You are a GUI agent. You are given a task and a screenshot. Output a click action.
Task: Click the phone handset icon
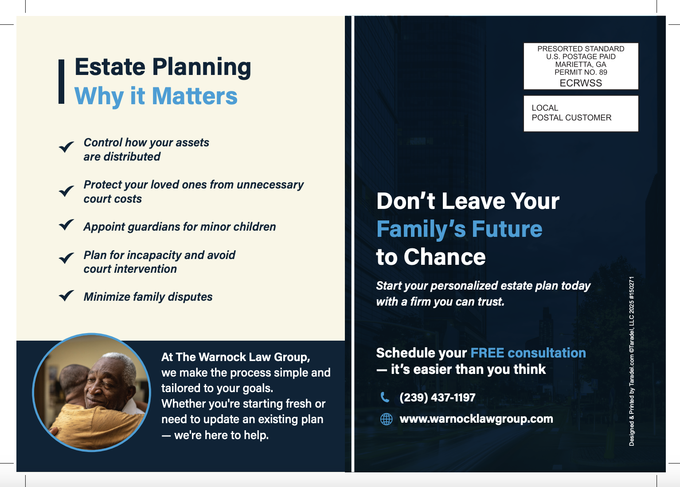(x=385, y=397)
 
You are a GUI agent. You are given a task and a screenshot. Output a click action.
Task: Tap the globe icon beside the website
(x=386, y=419)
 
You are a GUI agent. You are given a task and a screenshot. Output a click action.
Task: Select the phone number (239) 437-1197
(x=438, y=397)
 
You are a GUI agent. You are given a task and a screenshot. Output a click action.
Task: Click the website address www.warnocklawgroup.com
(x=476, y=419)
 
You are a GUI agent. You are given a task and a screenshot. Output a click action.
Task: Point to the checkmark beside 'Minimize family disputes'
(x=66, y=295)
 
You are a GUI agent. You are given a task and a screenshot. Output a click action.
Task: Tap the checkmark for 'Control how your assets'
(x=66, y=147)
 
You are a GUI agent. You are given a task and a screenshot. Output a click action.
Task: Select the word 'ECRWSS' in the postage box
(x=581, y=83)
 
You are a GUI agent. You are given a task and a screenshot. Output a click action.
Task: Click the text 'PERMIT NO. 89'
(x=581, y=72)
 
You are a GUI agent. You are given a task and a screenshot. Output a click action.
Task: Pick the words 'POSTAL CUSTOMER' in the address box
(x=571, y=118)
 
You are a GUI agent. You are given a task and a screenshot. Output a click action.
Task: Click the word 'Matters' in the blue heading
(x=195, y=96)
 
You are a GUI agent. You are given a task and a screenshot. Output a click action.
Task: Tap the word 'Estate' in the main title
(x=110, y=67)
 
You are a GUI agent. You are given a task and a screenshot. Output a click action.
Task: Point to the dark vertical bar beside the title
(x=61, y=82)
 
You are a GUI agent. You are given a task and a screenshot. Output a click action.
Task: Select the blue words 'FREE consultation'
(x=528, y=353)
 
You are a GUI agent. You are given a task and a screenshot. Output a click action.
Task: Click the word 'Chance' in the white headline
(x=445, y=257)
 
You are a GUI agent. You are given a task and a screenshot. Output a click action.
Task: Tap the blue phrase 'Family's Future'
(x=459, y=229)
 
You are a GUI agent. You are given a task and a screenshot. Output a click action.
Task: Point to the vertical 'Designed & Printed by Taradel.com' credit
(x=631, y=361)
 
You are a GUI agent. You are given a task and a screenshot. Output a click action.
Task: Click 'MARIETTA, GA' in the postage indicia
(x=581, y=64)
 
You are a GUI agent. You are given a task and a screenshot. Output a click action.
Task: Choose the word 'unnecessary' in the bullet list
(x=270, y=185)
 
